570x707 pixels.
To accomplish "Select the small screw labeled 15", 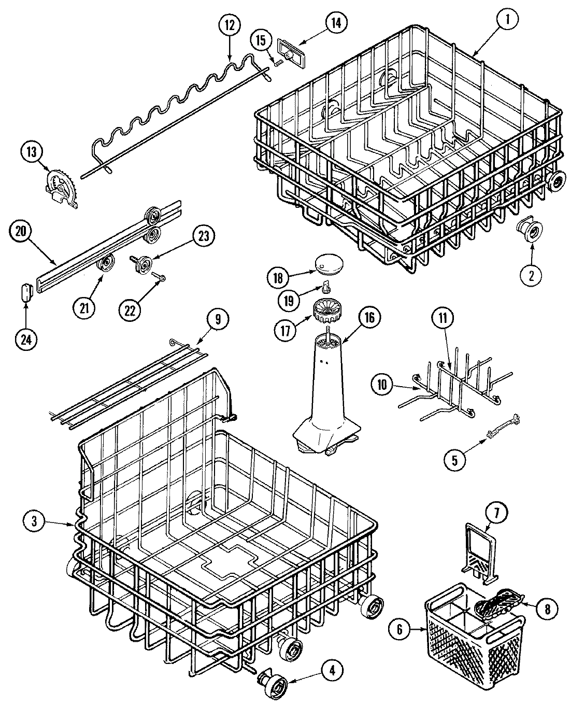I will pyautogui.click(x=278, y=62).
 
